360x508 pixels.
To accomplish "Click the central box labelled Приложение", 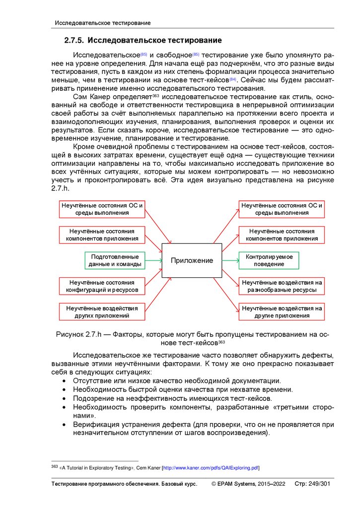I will coord(192,260).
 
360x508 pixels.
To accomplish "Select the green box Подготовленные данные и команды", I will coord(115,260).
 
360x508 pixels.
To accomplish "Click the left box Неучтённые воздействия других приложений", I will coord(102,312).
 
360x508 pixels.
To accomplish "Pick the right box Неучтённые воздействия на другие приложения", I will coord(282,312).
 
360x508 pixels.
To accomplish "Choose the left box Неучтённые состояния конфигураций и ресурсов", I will coord(102,286).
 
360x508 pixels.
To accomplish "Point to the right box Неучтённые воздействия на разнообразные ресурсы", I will coord(282,286).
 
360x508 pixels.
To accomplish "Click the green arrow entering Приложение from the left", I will coord(154,260).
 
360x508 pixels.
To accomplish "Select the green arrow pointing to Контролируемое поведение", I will coord(230,260).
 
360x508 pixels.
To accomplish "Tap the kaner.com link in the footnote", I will coord(211,468).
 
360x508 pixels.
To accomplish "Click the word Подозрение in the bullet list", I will coord(94,398).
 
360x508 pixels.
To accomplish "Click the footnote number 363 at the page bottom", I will coord(55,466).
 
